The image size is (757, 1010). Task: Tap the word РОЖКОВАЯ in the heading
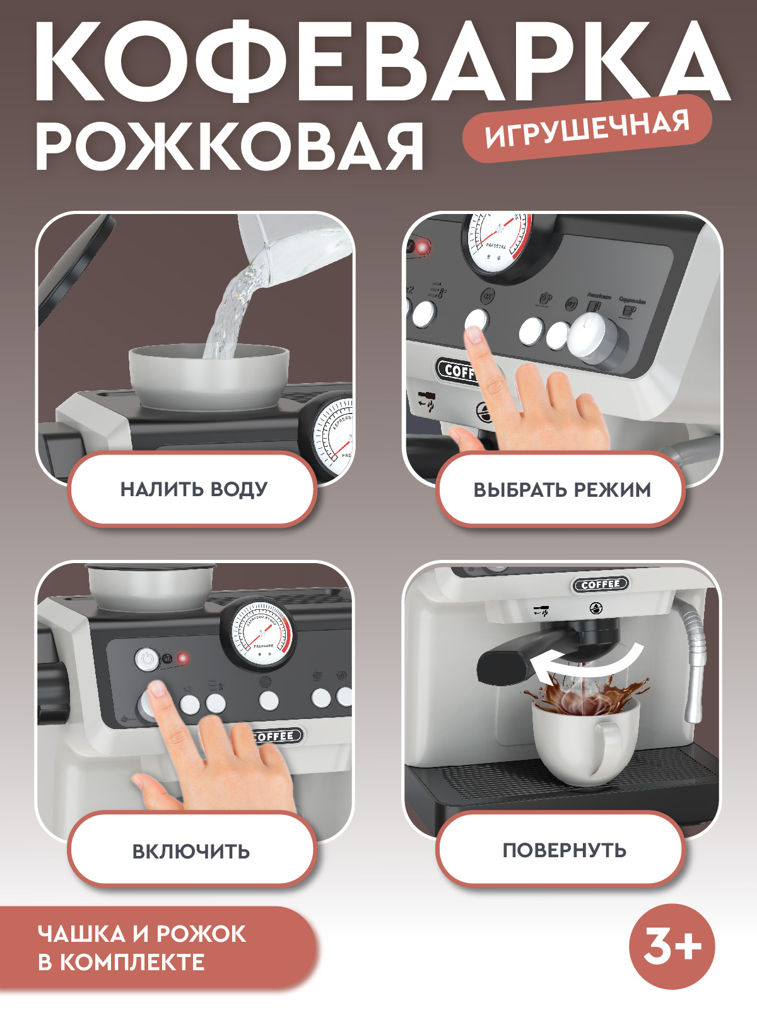point(229,147)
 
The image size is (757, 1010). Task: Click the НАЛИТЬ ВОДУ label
point(193,489)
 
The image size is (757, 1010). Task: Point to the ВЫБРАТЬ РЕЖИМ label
point(561,490)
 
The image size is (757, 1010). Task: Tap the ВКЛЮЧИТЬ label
point(191,851)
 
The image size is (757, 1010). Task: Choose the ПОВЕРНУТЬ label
point(563,850)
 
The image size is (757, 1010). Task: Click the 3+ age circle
point(672,946)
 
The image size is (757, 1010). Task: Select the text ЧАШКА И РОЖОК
point(142,934)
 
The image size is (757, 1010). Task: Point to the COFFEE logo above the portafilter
point(601,585)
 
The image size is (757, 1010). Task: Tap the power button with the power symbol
point(147,658)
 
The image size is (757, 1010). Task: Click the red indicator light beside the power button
point(183,658)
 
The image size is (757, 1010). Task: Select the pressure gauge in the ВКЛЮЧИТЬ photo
point(259,634)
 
